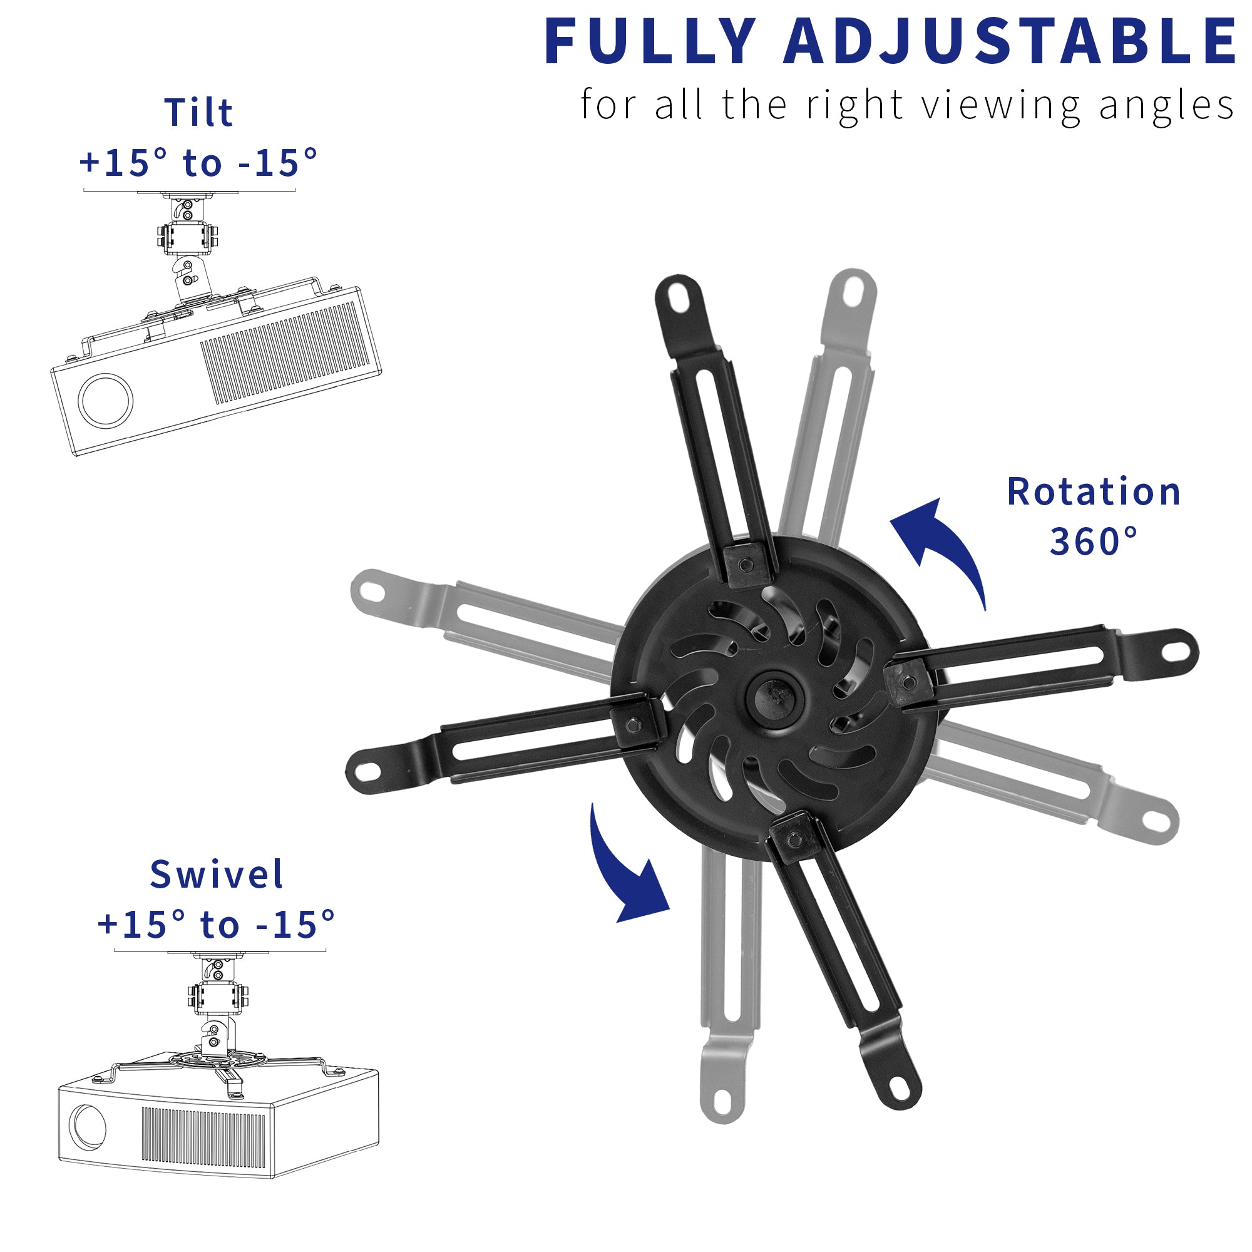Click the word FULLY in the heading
650,41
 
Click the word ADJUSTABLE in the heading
1011,41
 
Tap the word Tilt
198,113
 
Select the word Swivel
217,875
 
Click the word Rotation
1094,492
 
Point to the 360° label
1094,541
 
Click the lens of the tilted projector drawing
106,400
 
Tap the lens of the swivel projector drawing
88,1127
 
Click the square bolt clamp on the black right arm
908,682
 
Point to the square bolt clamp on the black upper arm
747,565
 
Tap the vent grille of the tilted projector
285,356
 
